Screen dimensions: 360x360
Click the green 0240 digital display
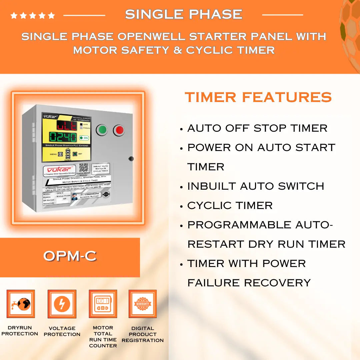pos(63,137)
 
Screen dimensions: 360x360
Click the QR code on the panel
pos(84,167)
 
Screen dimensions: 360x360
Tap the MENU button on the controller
pos(61,154)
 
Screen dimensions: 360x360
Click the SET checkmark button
pos(75,154)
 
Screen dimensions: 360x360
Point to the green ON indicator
pos(84,138)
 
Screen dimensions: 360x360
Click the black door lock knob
pos(131,159)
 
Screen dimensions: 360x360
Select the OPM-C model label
pos(70,256)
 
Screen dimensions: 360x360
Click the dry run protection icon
pos(21,304)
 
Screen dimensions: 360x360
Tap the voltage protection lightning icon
pos(62,304)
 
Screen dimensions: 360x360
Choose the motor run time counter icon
pos(103,304)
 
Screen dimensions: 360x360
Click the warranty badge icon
pos(143,304)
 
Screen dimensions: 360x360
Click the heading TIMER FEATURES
pos(258,97)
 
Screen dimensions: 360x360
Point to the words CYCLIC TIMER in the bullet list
pos(230,206)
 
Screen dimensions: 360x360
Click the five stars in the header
pos(32,15)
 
